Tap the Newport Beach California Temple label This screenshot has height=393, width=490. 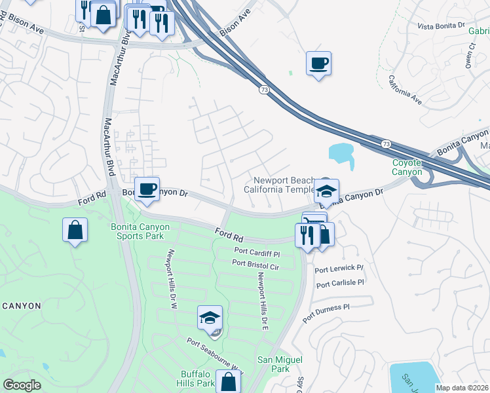(280, 185)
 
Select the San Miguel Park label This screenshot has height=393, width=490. (280, 364)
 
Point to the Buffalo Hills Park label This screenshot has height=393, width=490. (198, 379)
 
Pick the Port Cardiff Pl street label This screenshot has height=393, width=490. (256, 252)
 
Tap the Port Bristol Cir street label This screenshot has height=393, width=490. (255, 263)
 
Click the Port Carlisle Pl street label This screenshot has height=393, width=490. (339, 284)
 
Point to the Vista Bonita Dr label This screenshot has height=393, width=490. (441, 25)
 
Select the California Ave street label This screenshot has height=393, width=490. (404, 90)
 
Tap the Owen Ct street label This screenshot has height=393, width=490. (470, 56)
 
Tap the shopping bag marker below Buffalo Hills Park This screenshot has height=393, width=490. (228, 382)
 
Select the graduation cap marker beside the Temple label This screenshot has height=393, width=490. (326, 191)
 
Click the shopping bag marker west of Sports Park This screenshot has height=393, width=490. (75, 229)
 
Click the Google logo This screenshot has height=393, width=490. (22, 385)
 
